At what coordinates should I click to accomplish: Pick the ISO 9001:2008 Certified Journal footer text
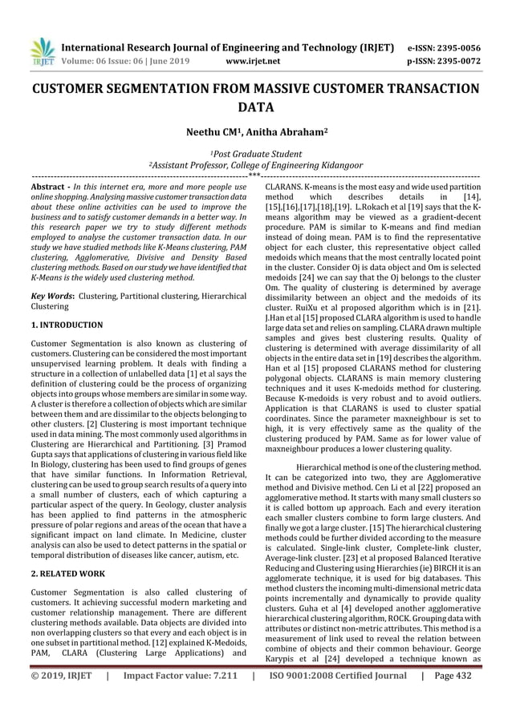(x=337, y=698)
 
